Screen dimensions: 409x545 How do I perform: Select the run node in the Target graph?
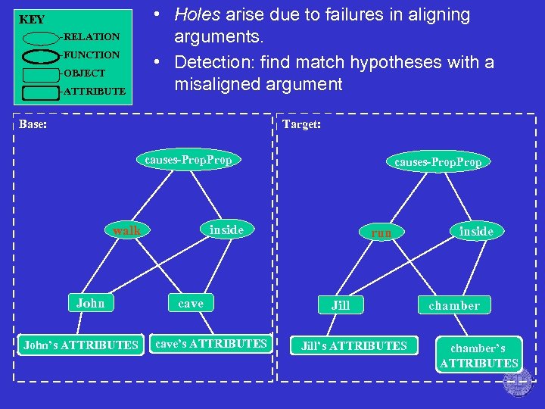pos(381,233)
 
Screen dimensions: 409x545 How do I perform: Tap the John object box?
pos(91,304)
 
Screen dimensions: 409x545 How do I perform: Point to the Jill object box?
pos(341,305)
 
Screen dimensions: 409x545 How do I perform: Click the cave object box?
pos(191,304)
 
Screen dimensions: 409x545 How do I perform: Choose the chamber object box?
pos(454,305)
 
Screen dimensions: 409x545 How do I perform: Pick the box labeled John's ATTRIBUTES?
pos(81,345)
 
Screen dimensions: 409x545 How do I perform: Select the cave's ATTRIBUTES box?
pos(211,344)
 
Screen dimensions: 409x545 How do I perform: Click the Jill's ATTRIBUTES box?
pos(354,346)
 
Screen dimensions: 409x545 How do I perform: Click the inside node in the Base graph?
pos(226,229)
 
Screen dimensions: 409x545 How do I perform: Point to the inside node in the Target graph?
pos(476,231)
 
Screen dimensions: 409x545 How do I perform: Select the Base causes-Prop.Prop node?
pos(188,160)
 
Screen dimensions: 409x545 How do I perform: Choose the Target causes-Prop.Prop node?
pos(438,162)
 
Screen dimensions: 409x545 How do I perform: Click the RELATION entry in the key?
pos(92,36)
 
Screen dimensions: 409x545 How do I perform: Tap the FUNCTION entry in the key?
pos(92,55)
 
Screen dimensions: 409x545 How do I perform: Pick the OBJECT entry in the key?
pos(85,73)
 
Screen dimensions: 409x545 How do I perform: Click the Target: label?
pos(301,124)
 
